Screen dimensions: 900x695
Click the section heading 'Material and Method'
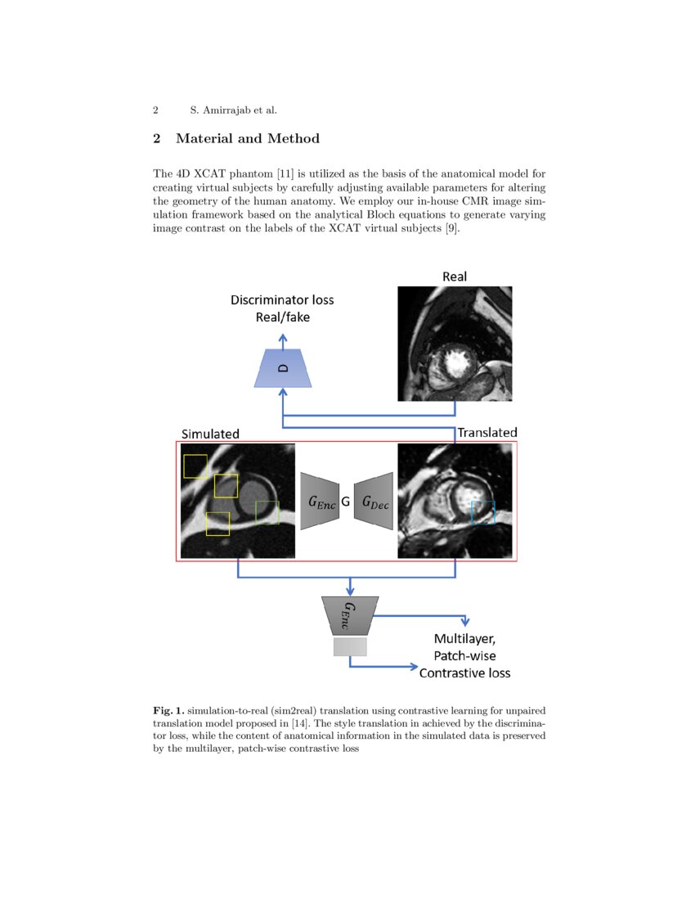pyautogui.click(x=247, y=138)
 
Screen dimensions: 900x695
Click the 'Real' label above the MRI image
pyautogui.click(x=455, y=277)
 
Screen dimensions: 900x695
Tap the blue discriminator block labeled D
pyautogui.click(x=283, y=368)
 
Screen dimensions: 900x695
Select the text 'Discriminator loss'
pyautogui.click(x=282, y=300)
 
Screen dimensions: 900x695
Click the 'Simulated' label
pyautogui.click(x=210, y=433)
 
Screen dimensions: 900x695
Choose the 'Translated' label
pyautogui.click(x=487, y=432)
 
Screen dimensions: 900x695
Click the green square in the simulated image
pyautogui.click(x=267, y=512)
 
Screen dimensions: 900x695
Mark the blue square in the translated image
pyautogui.click(x=483, y=512)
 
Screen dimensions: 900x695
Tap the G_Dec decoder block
pyautogui.click(x=375, y=502)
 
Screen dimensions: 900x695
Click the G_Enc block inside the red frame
pyautogui.click(x=321, y=502)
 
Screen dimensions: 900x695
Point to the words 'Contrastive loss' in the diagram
pyautogui.click(x=464, y=673)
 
